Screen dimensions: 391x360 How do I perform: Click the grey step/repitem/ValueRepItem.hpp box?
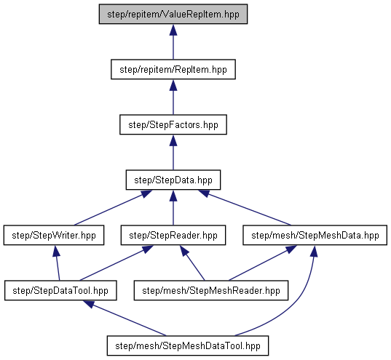(173, 14)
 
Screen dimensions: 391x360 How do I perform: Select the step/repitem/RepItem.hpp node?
(173, 69)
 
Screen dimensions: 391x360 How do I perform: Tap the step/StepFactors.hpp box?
(173, 124)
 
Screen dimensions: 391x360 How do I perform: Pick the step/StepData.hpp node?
(173, 180)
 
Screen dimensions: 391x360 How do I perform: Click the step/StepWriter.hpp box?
(54, 235)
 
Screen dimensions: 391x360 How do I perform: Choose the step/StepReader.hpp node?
(173, 235)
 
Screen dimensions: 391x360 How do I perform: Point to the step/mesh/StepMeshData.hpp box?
(315, 235)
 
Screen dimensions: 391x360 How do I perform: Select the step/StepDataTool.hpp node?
(60, 290)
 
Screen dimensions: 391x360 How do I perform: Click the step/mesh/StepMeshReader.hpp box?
(211, 290)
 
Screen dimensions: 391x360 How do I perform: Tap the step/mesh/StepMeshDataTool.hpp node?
(188, 345)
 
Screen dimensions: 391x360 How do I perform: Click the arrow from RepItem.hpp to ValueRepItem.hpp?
(173, 41)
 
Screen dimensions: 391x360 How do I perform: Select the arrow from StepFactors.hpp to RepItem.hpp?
(173, 97)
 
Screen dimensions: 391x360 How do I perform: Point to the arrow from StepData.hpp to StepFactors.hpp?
(173, 152)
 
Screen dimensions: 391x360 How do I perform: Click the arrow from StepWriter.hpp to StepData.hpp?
(113, 207)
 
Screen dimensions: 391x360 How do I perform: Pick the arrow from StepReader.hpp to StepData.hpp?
(173, 207)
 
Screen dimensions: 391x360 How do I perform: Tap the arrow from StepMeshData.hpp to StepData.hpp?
(245, 207)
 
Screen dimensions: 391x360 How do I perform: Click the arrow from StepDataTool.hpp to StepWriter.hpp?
(57, 263)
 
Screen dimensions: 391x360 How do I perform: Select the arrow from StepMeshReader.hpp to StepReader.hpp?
(192, 263)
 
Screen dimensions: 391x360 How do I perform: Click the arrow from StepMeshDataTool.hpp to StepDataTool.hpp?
(125, 318)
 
